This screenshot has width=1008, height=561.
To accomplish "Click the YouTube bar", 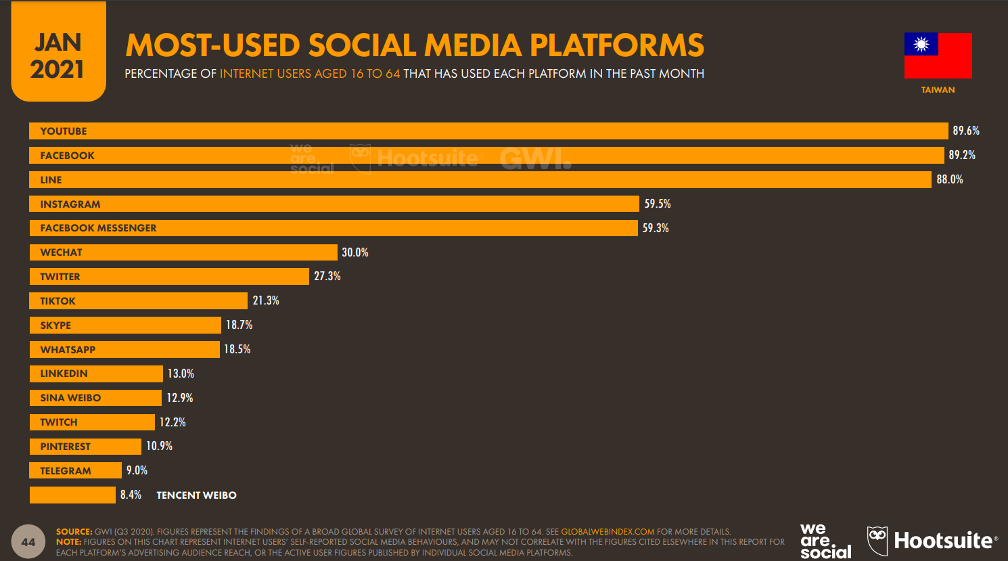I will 487,131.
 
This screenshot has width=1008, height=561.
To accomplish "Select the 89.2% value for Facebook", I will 961,155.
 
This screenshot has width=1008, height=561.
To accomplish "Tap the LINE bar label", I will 51,180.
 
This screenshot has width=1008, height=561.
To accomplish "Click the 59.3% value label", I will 656,228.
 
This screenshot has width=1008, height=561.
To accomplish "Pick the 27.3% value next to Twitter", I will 327,276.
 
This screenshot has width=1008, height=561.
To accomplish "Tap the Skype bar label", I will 55,326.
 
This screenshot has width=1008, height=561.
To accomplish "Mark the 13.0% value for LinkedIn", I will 181,374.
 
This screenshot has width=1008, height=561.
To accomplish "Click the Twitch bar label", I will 59,422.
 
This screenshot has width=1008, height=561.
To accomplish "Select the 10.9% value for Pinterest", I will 159,446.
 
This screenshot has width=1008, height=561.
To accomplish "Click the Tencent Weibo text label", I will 196,495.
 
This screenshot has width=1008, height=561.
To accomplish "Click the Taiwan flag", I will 938,55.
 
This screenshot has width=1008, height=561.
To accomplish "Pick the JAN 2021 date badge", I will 58,54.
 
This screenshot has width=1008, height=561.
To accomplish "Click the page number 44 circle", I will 28,542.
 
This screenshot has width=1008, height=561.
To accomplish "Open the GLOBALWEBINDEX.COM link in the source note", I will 608,532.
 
